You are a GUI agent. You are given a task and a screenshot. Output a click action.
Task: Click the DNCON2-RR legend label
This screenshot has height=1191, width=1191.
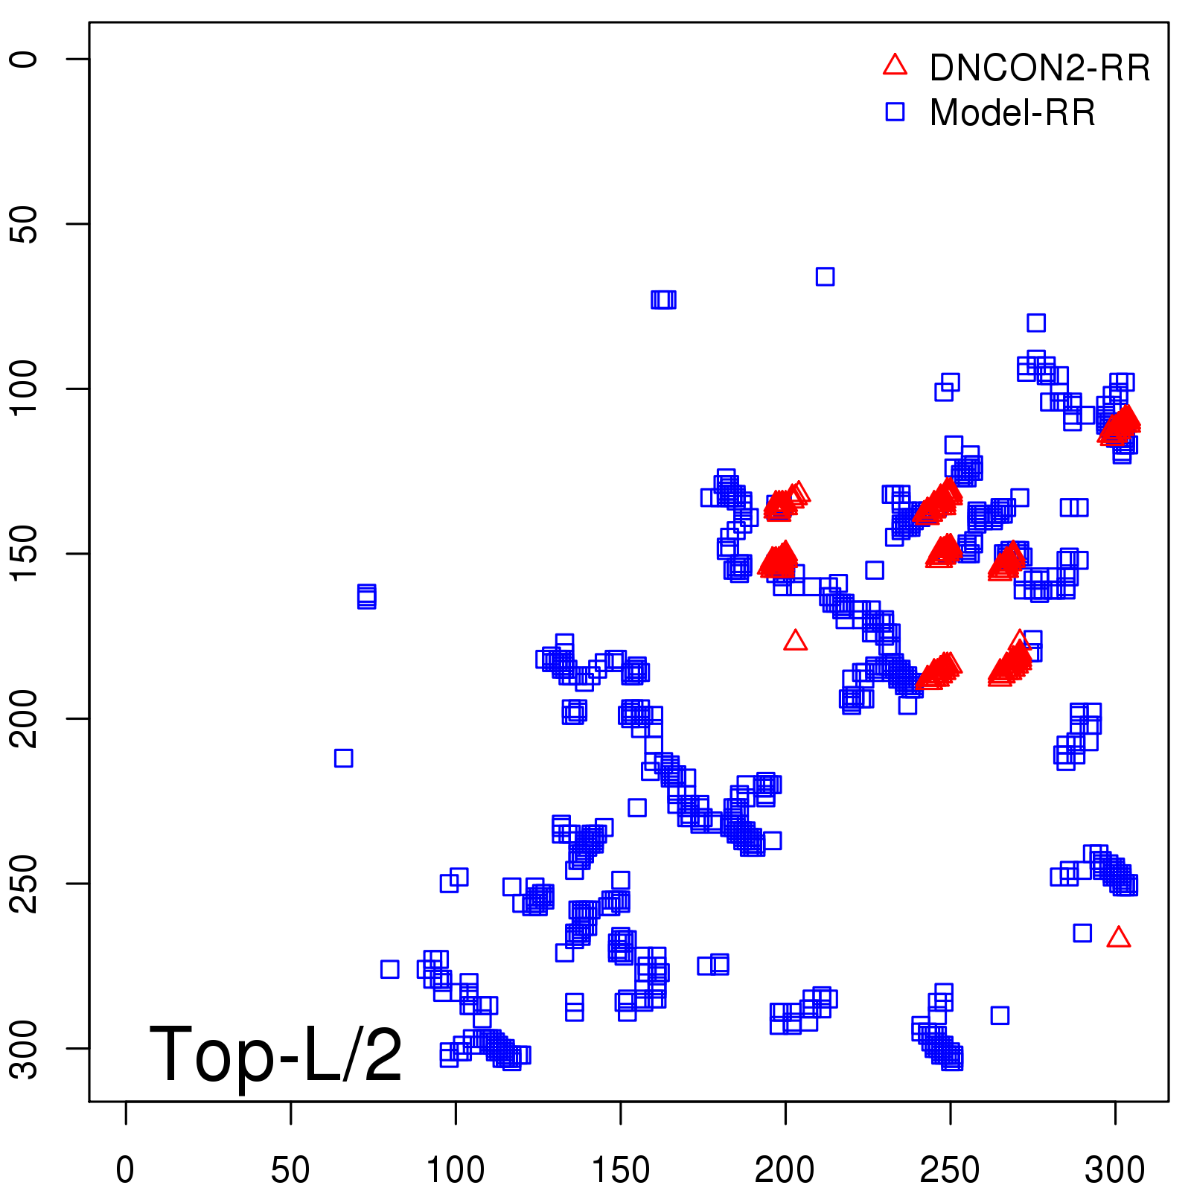point(1039,68)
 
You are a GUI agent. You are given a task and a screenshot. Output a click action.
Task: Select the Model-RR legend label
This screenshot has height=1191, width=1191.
point(1012,113)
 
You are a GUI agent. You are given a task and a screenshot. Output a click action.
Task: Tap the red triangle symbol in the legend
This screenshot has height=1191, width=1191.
point(895,66)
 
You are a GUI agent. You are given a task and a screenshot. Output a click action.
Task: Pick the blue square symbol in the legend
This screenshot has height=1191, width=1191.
point(895,112)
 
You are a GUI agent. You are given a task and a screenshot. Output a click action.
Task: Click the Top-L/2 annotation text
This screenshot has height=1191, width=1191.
point(275,1054)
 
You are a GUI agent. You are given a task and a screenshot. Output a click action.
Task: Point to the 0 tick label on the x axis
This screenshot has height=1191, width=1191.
point(126,1170)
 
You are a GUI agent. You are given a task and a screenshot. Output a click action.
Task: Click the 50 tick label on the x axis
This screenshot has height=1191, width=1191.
point(290,1170)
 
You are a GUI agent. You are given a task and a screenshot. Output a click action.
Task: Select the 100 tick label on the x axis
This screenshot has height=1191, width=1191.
point(456,1170)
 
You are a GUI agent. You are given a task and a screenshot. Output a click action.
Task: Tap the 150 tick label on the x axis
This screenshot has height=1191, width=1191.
point(620,1170)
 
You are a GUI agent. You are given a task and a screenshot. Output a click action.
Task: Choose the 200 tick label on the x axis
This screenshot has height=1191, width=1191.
point(785,1170)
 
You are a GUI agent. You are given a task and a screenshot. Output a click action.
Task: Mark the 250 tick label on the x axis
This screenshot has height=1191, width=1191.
point(950,1170)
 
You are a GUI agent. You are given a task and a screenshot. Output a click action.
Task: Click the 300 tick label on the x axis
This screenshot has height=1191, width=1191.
point(1114,1170)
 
